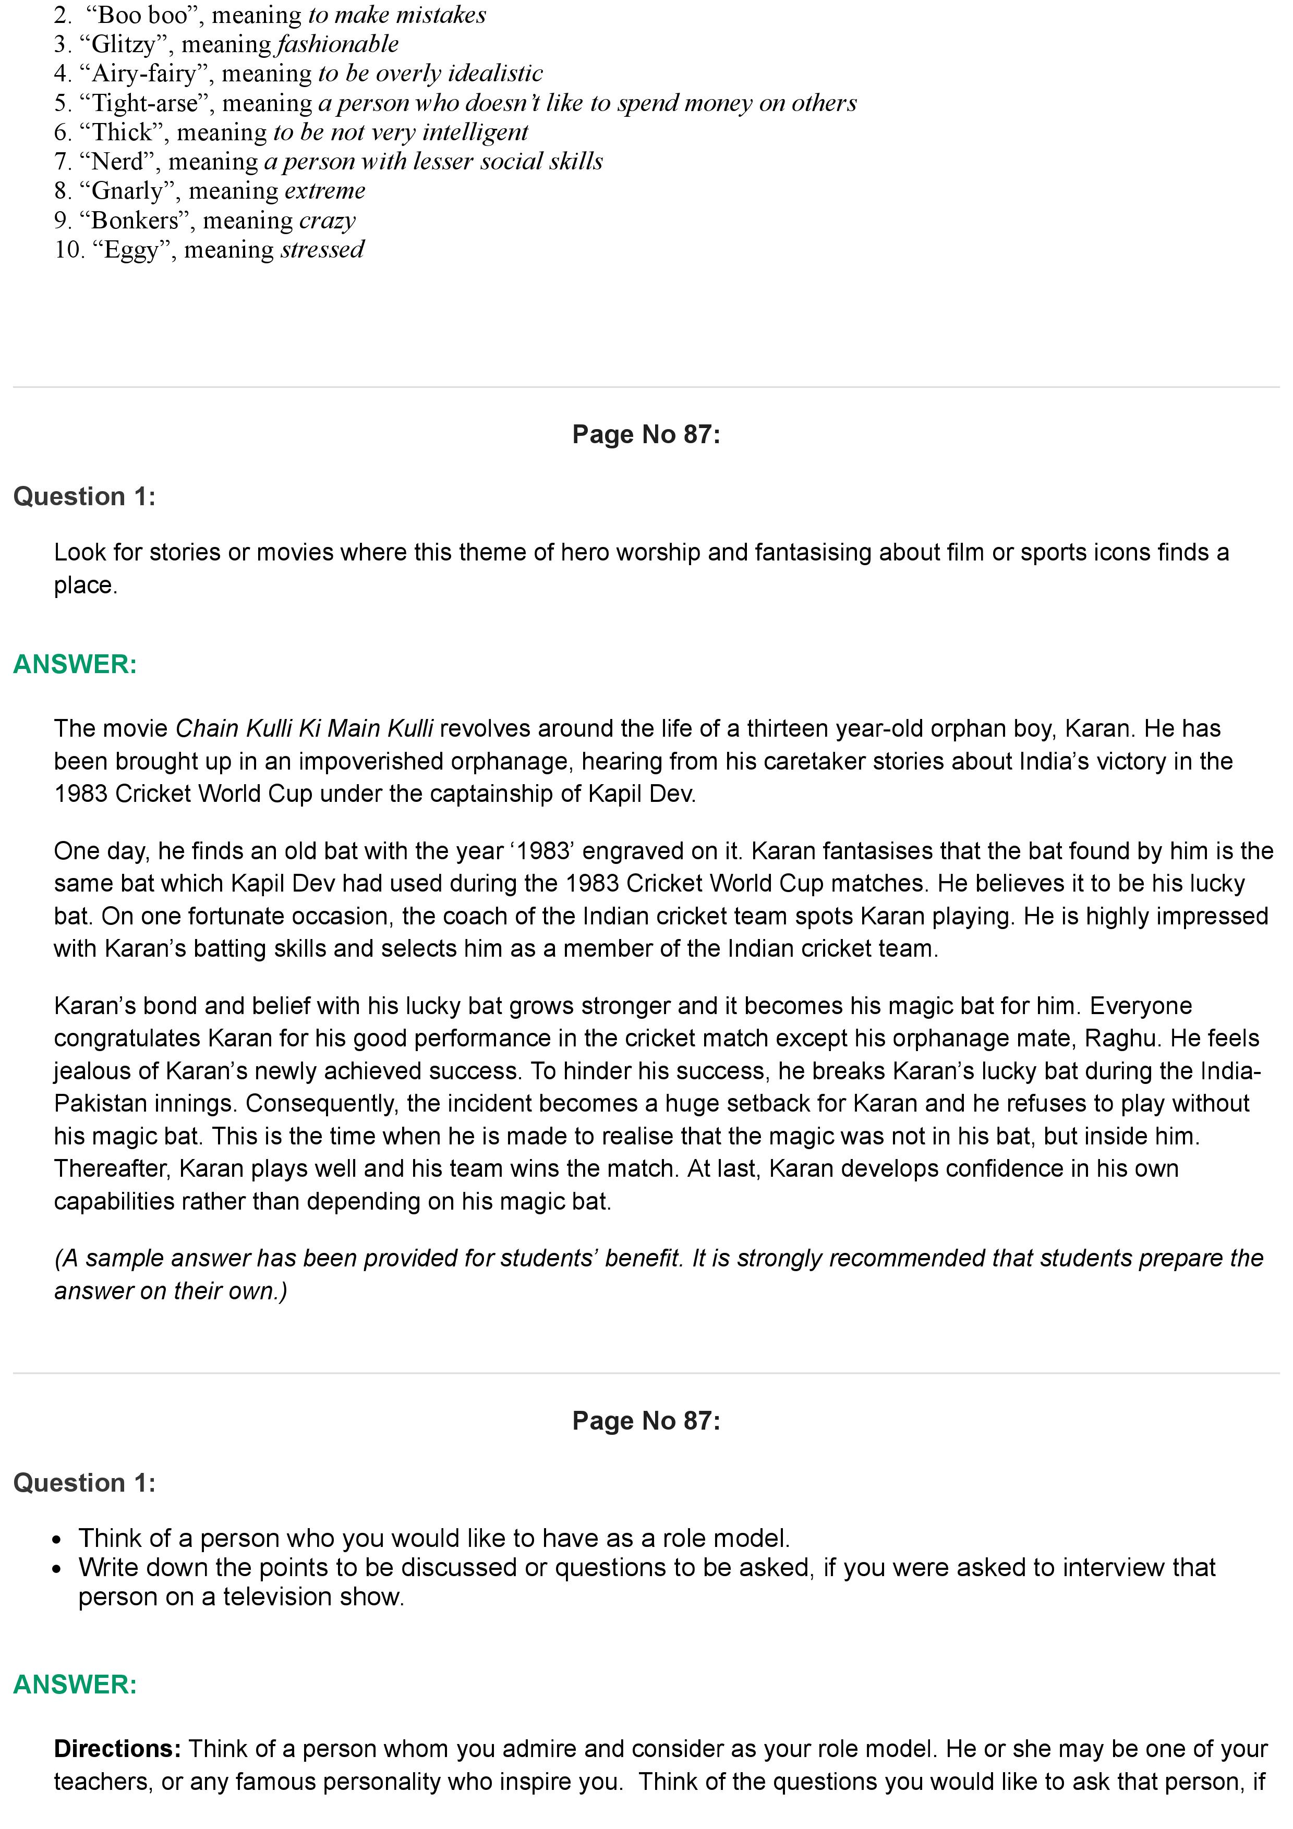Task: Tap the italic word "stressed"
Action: click(x=322, y=250)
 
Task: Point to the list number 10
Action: click(x=68, y=250)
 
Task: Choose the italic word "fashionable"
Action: click(x=338, y=45)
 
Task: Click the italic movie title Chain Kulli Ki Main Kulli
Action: click(x=304, y=728)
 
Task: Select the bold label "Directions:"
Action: click(x=118, y=1749)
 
